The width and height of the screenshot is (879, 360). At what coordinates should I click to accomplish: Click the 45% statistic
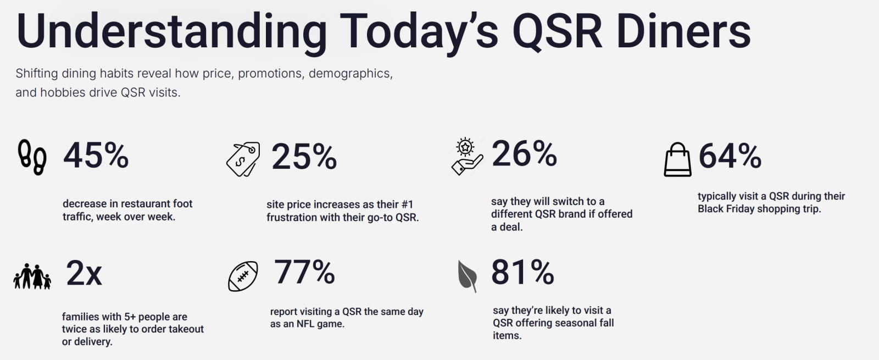point(96,156)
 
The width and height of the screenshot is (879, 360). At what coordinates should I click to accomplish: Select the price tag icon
point(243,159)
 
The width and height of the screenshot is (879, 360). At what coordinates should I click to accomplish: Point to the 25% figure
point(304,157)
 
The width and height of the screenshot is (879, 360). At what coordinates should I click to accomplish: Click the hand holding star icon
point(466,157)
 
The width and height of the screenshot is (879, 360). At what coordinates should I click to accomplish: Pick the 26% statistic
point(524,154)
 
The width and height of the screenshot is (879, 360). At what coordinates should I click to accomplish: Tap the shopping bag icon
point(677,159)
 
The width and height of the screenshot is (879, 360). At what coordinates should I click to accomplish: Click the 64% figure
point(730,156)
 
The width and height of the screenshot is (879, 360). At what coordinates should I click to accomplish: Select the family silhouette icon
point(32,276)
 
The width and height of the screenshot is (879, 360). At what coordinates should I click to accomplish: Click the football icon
point(243,276)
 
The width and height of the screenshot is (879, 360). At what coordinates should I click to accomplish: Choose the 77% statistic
point(304,272)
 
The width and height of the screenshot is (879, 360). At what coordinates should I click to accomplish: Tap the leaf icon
point(467,275)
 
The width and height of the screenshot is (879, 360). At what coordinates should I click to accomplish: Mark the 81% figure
point(522,272)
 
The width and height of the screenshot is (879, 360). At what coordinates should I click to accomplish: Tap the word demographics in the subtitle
point(351,74)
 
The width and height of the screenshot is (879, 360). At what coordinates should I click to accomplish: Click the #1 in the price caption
point(407,204)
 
